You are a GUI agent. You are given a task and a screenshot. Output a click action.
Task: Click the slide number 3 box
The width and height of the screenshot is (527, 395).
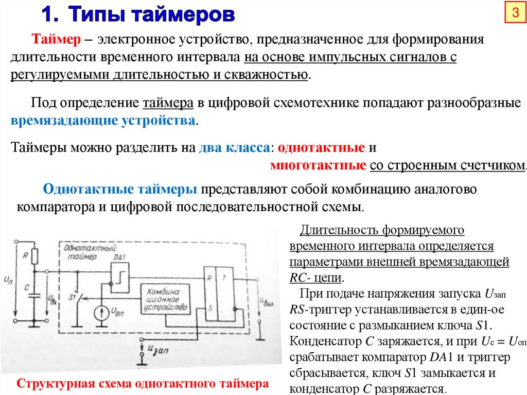point(513,14)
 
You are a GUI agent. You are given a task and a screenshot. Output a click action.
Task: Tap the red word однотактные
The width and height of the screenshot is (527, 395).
point(318,147)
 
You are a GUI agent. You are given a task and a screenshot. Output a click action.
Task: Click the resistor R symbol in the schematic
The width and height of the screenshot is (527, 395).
point(35,255)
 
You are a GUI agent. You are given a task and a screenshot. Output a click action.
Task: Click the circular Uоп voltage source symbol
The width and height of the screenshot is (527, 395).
point(101,313)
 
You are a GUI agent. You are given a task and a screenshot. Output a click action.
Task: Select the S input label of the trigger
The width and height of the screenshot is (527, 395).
point(210,307)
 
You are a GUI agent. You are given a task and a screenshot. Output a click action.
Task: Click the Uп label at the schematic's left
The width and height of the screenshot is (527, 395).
point(8,281)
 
